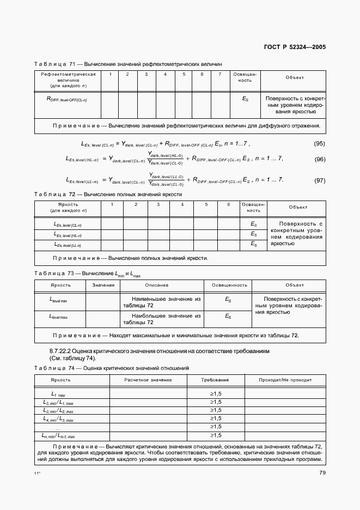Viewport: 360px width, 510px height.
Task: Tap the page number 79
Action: pyautogui.click(x=322, y=472)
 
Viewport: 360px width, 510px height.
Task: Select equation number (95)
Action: pyautogui.click(x=320, y=144)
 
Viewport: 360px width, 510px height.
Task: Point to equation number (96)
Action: pyautogui.click(x=320, y=160)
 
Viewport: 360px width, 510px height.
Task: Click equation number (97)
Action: pyautogui.click(x=320, y=180)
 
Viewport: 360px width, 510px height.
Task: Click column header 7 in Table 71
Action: pyautogui.click(x=219, y=74)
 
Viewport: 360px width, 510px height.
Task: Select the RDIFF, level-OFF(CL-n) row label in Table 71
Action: pyautogui.click(x=67, y=99)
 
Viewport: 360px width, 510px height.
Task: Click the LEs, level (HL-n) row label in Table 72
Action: pyautogui.click(x=68, y=234)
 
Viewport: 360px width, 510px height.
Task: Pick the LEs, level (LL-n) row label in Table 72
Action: pyautogui.click(x=68, y=245)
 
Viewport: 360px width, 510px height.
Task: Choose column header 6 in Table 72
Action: pyautogui.click(x=228, y=204)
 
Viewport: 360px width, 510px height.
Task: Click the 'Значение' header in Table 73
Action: pyautogui.click(x=103, y=285)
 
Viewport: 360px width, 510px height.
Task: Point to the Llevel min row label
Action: pyautogui.click(x=58, y=300)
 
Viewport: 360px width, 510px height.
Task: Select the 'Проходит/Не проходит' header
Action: pyautogui.click(x=285, y=379)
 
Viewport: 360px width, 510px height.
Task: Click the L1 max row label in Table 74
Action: pyautogui.click(x=58, y=394)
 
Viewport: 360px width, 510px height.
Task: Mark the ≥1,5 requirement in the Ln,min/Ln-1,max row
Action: pyautogui.click(x=215, y=435)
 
